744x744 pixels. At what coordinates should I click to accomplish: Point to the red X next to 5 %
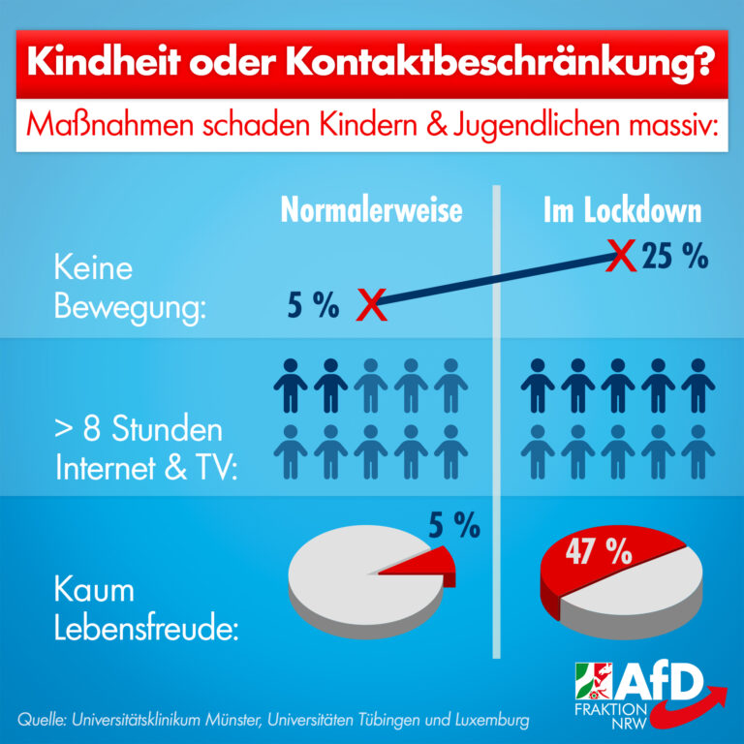(369, 304)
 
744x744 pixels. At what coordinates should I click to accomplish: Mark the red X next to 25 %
(621, 257)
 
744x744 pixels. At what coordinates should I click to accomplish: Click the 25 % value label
(674, 258)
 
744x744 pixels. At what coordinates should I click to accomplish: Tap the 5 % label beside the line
(313, 307)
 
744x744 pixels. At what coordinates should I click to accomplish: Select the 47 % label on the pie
(600, 553)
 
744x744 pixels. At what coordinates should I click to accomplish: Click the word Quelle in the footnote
(42, 722)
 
